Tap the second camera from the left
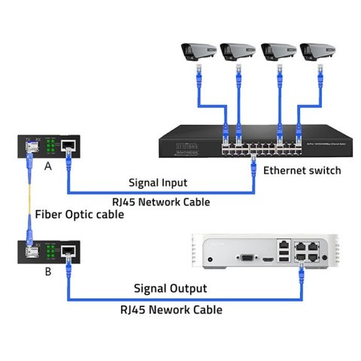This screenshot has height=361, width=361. tap(238, 51)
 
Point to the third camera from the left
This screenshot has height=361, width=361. tap(278, 51)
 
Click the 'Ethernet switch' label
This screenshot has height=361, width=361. tap(302, 171)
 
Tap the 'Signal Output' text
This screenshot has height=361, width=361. tap(170, 289)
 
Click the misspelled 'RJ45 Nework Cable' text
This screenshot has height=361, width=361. tap(171, 308)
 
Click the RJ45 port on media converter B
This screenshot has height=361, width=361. tap(67, 250)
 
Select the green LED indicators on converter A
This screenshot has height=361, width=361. tap(50, 145)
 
